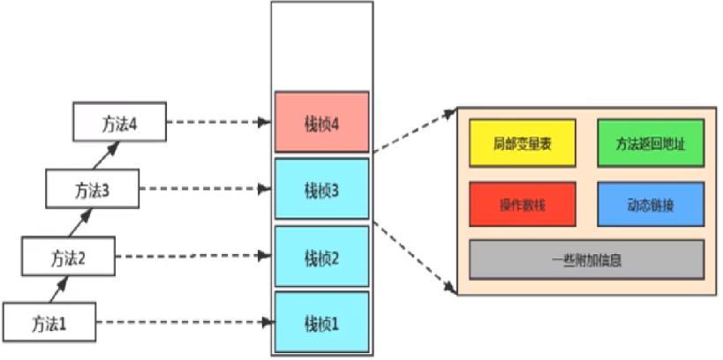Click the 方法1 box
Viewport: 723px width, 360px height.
pos(49,322)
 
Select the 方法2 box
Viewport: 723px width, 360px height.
pos(70,258)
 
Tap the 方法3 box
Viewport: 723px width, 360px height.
pos(94,191)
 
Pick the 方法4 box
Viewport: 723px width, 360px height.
pos(119,122)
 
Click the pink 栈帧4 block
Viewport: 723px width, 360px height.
pos(321,122)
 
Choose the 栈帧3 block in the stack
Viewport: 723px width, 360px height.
pos(321,189)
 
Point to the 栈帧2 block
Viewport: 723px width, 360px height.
pos(321,257)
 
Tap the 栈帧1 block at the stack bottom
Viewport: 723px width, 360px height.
pos(321,321)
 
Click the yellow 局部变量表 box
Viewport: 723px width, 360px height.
pos(523,141)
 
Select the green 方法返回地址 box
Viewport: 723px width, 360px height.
pos(650,141)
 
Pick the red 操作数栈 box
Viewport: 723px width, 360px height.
pos(523,205)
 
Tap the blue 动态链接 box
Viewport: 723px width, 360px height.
pos(650,205)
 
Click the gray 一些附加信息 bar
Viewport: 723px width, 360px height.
pos(586,260)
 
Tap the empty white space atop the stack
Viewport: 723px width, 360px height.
pos(321,44)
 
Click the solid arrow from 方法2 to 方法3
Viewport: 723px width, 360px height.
pos(84,223)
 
